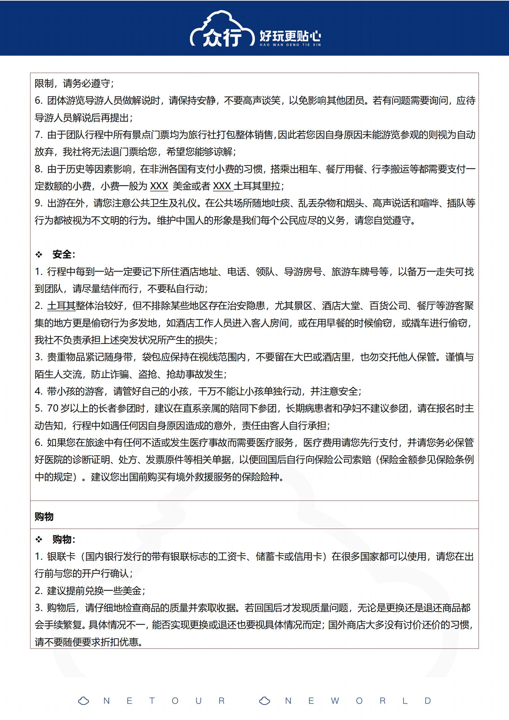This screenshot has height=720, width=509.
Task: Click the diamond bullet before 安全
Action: click(39, 255)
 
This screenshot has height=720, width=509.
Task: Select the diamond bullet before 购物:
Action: click(39, 539)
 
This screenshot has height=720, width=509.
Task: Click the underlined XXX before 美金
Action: click(159, 186)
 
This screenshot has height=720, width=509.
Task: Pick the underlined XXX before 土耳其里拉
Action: click(222, 186)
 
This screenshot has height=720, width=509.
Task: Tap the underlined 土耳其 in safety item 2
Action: click(61, 306)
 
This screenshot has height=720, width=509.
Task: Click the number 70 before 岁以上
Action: click(53, 408)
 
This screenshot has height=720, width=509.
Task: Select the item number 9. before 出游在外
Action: click(39, 203)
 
